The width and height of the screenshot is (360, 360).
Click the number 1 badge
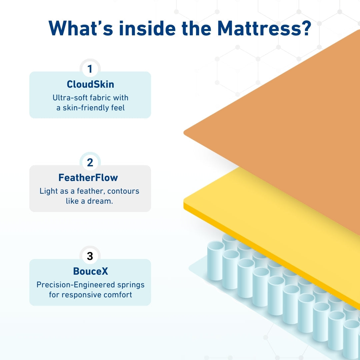tap(90, 69)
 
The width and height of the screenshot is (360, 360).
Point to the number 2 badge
tap(90, 163)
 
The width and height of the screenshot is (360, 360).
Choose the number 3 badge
tap(90, 256)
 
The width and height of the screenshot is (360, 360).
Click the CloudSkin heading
tap(90, 84)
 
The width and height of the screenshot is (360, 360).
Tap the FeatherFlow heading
tap(88, 178)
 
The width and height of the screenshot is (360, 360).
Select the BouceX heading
tap(90, 271)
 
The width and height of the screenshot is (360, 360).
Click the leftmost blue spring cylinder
tap(215, 260)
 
